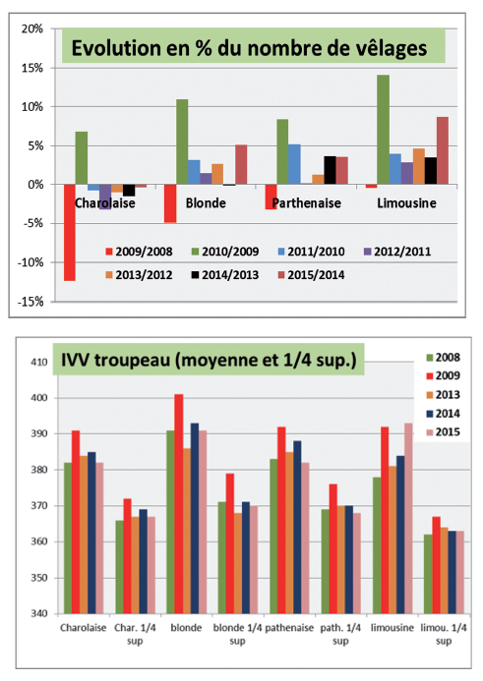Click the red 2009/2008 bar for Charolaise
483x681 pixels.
point(70,232)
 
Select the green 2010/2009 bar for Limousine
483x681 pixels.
point(383,130)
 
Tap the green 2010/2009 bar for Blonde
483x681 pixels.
point(182,142)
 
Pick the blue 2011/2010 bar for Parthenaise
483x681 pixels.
point(294,164)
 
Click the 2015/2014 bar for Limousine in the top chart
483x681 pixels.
point(443,150)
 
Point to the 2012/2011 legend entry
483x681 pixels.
point(397,252)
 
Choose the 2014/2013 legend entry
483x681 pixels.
point(225,275)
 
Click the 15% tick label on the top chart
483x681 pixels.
point(32,68)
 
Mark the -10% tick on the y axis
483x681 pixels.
point(30,262)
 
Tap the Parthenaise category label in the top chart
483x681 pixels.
point(307,202)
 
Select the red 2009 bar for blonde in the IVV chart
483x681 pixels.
point(179,504)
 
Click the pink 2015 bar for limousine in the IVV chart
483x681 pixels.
point(408,518)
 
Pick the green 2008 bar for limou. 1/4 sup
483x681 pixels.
point(428,574)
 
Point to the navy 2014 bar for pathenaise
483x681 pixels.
point(297,528)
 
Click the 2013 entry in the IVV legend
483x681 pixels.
point(443,395)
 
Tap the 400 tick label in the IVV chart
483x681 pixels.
point(39,398)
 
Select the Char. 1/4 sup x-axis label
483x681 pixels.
point(135,634)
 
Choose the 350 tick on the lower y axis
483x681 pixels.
point(39,578)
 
